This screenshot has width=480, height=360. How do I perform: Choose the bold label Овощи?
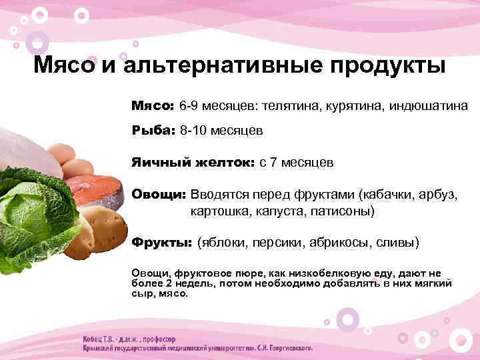(x=159, y=195)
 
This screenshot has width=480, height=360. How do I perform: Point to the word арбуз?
(x=434, y=195)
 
